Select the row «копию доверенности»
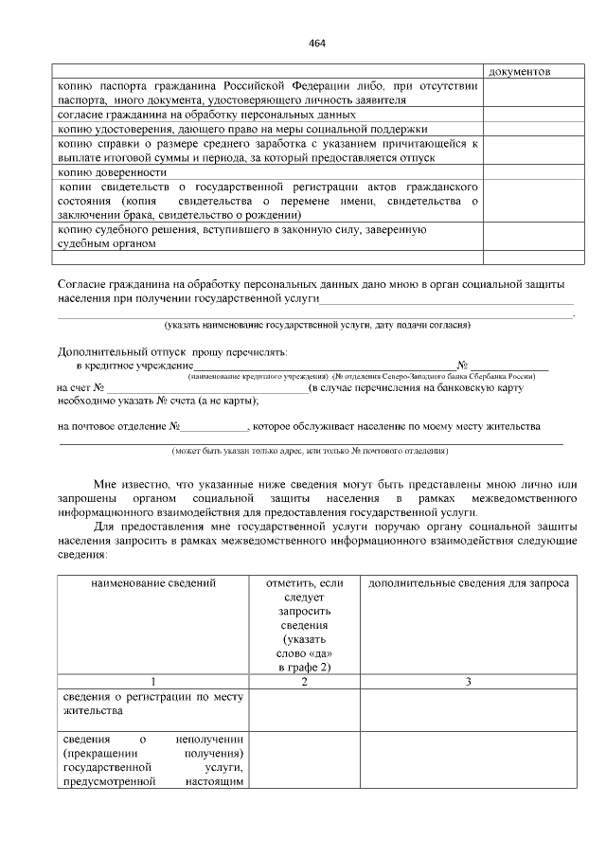(x=113, y=172)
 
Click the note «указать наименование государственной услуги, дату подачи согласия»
(x=317, y=325)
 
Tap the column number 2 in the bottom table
(x=304, y=682)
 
